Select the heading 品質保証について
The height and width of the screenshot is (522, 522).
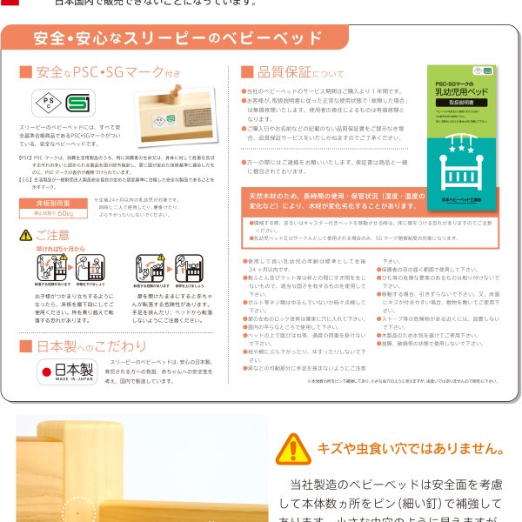287,72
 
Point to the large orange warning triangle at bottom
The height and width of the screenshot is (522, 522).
292,451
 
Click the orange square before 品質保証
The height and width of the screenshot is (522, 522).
247,72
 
